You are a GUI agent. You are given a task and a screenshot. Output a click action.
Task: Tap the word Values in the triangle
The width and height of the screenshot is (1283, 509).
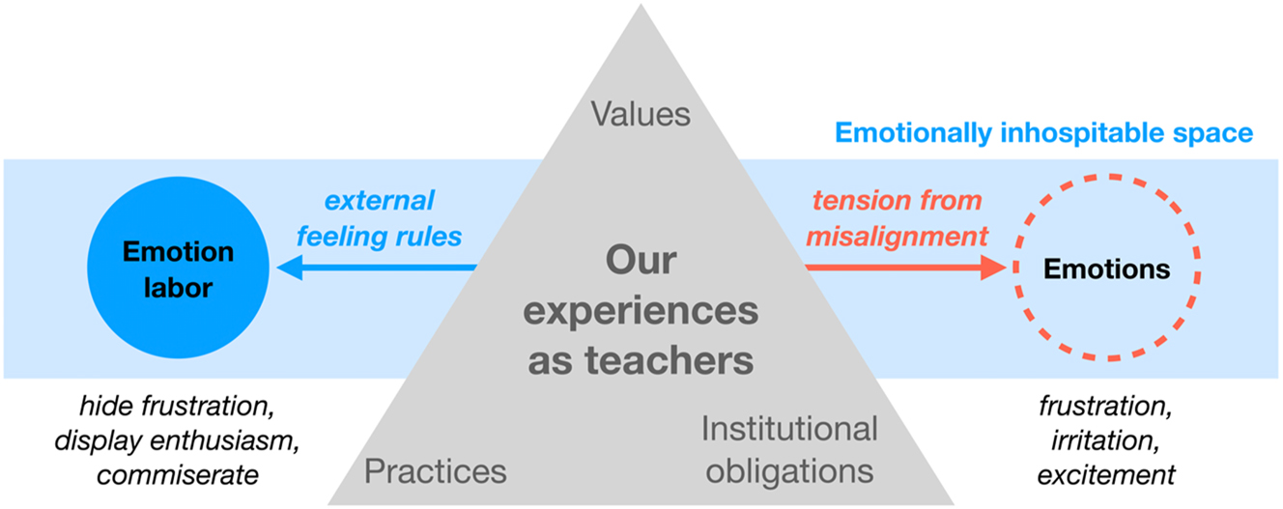[641, 115]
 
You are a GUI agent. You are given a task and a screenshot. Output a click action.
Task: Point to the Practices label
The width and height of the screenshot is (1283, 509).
[435, 471]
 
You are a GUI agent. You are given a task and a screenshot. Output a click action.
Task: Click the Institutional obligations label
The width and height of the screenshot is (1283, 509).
[790, 449]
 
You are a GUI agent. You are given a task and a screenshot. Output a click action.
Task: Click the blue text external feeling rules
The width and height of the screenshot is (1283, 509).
[380, 217]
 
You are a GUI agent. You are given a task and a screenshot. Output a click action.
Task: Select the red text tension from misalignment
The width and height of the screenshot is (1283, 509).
[898, 217]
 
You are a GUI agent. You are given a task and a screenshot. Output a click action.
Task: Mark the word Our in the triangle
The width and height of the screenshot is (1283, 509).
[641, 261]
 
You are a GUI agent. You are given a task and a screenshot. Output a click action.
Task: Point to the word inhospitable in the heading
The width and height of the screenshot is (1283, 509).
[1091, 133]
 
